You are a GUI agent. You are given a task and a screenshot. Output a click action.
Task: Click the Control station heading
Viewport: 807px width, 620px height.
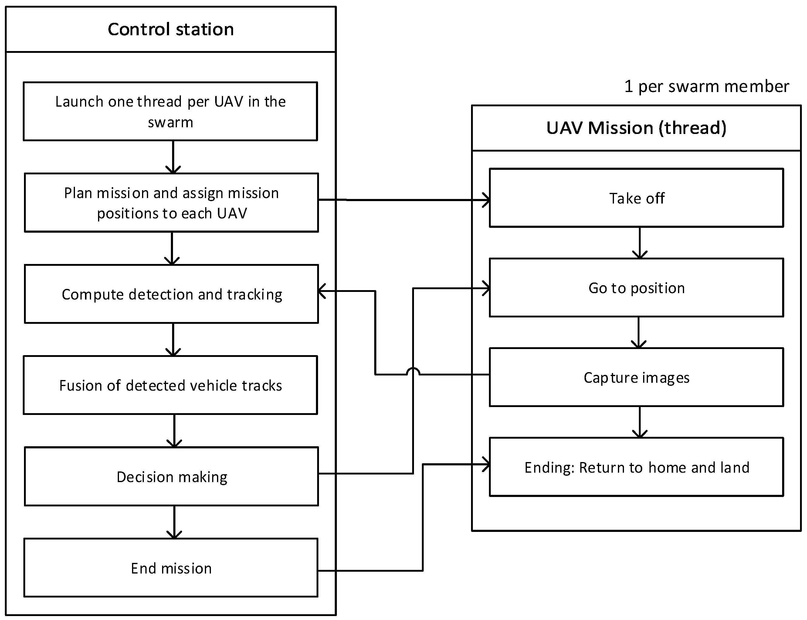[x=171, y=29]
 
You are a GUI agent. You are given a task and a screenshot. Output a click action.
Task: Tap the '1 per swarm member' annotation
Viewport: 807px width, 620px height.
[x=706, y=86]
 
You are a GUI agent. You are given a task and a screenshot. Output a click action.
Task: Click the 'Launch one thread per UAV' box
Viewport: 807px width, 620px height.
[x=170, y=111]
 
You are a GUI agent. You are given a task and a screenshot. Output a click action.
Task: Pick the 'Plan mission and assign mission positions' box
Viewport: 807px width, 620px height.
[x=171, y=203]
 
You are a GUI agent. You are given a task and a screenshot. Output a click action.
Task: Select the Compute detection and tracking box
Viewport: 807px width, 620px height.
[x=171, y=294]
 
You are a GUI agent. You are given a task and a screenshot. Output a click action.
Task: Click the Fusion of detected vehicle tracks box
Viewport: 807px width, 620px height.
[x=170, y=385]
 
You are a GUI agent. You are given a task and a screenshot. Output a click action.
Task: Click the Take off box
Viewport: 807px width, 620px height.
[x=636, y=198]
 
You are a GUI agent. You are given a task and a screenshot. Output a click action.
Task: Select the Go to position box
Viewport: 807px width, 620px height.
[x=636, y=288]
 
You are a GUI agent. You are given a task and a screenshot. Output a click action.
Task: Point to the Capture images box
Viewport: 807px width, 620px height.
[x=636, y=378]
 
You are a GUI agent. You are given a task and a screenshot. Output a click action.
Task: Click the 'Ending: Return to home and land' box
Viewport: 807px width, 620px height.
[x=636, y=467]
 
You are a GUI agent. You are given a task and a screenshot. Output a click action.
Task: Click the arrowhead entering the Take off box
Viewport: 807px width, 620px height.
[x=486, y=200]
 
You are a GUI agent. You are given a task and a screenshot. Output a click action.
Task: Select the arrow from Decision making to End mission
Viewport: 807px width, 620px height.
[x=174, y=522]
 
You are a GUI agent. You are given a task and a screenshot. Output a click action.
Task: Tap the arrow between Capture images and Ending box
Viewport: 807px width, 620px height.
[x=640, y=422]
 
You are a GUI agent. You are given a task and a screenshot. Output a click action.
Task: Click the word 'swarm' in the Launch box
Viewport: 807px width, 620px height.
[x=170, y=122]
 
